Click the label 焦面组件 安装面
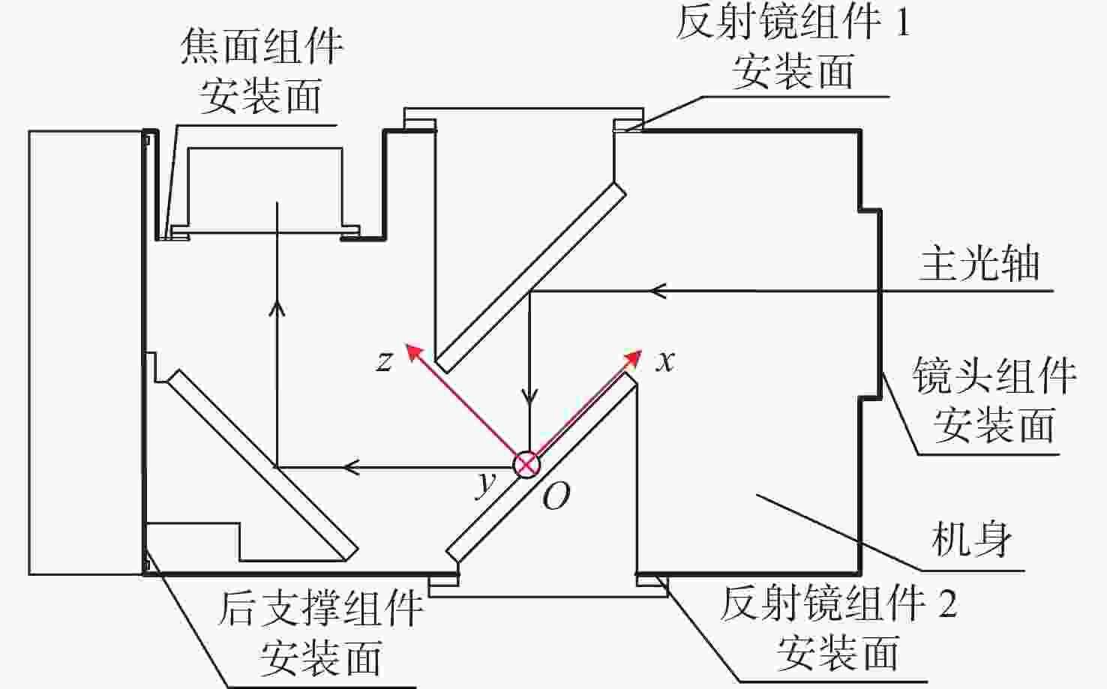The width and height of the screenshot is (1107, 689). (261, 71)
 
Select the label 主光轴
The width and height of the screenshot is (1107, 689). (979, 264)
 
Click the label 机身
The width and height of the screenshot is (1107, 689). (971, 539)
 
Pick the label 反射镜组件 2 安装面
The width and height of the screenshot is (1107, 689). (838, 628)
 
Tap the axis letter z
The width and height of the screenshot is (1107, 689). (384, 361)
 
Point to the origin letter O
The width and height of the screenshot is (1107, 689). (556, 496)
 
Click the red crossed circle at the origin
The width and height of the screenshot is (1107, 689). (526, 464)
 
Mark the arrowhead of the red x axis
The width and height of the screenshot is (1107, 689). (636, 355)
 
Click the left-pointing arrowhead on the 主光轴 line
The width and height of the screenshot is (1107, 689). (657, 290)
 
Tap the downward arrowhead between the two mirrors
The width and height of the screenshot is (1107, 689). (530, 395)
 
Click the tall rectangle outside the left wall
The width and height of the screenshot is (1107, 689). (85, 352)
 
